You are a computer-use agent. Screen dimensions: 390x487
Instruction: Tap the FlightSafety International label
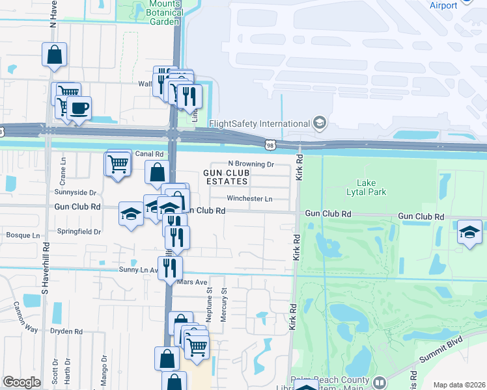pyautogui.click(x=259, y=123)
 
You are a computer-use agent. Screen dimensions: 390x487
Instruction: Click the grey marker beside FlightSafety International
pyautogui.click(x=319, y=123)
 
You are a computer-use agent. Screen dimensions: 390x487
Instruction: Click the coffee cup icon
pyautogui.click(x=79, y=109)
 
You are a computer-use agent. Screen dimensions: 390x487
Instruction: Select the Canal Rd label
pyautogui.click(x=149, y=153)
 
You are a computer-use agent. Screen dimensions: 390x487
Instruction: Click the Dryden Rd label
pyautogui.click(x=68, y=331)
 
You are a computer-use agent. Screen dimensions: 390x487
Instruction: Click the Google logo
pyautogui.click(x=21, y=382)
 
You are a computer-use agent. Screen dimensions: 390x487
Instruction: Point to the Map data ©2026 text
pyautogui.click(x=458, y=385)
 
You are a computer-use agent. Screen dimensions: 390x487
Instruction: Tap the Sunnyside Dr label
pyautogui.click(x=76, y=193)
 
